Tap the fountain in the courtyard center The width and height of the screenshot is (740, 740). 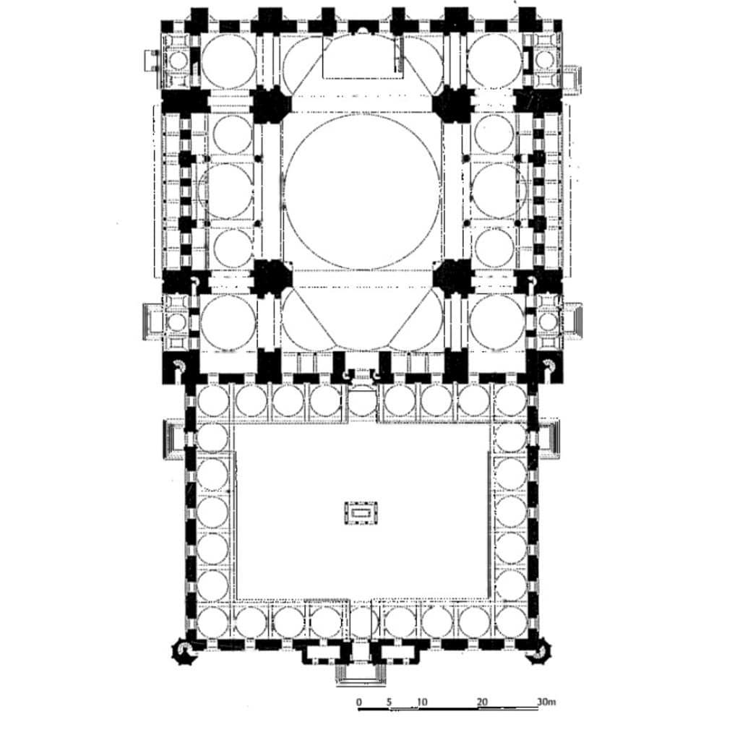[361, 513]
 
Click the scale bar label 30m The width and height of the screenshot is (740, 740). [546, 702]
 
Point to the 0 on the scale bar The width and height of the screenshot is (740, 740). [359, 702]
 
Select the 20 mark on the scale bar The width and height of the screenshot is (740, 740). [482, 702]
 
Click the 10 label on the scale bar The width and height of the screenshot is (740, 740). [422, 702]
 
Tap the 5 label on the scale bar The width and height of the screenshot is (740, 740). [389, 702]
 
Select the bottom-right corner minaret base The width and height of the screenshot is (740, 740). [538, 652]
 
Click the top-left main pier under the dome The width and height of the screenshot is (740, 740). [270, 106]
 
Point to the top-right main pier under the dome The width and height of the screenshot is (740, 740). [454, 106]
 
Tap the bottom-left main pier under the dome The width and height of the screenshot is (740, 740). [270, 277]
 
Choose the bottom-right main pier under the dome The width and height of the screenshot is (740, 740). [454, 277]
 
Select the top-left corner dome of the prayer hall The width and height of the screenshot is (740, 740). [229, 61]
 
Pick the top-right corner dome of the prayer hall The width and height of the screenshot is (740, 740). [495, 61]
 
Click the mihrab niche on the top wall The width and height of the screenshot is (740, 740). [362, 30]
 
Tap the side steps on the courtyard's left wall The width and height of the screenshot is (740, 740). [173, 439]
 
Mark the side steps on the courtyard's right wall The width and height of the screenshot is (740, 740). [549, 439]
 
